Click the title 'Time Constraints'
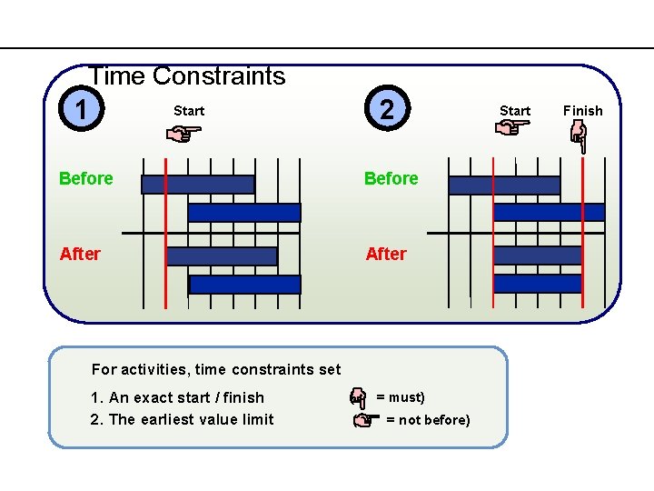(x=188, y=76)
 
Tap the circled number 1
(x=83, y=111)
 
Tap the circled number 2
(x=387, y=110)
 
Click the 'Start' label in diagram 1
(x=189, y=111)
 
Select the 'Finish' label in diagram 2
(x=582, y=111)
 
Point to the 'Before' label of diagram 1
(x=86, y=178)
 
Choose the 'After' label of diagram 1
(x=80, y=254)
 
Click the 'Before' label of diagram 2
(x=391, y=178)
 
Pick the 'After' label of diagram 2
(x=386, y=254)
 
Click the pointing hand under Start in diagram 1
(x=187, y=135)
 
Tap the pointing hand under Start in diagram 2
(x=513, y=129)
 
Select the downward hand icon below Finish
(x=579, y=137)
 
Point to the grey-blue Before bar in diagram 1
(x=198, y=185)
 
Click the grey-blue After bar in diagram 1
(x=222, y=256)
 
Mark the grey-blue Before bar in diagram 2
(x=504, y=185)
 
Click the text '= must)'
(x=401, y=397)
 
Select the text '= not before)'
(x=428, y=419)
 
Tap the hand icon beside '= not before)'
(x=364, y=420)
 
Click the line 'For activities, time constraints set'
(x=216, y=369)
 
